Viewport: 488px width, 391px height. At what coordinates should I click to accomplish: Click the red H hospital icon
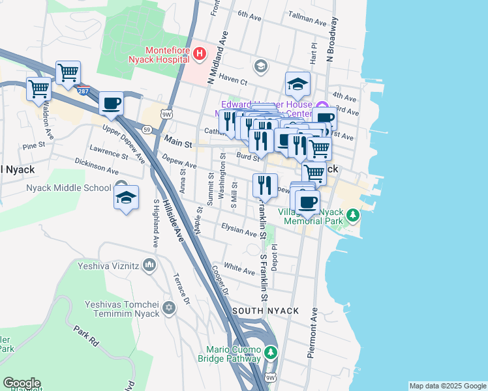(x=200, y=53)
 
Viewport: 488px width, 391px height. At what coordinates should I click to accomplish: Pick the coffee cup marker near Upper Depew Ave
(x=112, y=104)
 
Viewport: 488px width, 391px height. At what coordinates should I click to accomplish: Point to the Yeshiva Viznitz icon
(x=149, y=265)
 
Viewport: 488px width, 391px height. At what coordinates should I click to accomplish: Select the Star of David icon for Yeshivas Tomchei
(x=169, y=308)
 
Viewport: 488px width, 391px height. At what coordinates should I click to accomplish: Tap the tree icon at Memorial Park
(x=352, y=214)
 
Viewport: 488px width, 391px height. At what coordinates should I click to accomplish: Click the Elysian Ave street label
(x=239, y=230)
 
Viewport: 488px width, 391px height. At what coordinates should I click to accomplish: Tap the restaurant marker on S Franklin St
(x=265, y=186)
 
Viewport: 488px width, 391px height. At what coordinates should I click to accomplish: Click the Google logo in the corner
(x=21, y=383)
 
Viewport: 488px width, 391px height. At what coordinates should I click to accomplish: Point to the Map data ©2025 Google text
(x=448, y=386)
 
